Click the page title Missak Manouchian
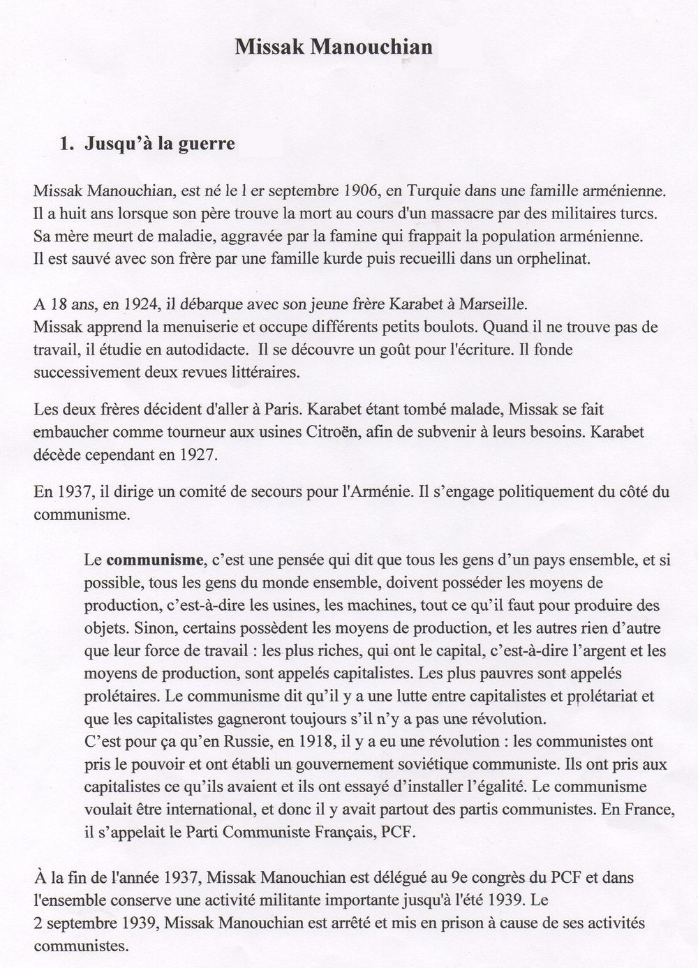333,47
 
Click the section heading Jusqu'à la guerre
159,144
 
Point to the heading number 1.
66,144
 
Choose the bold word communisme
155,560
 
